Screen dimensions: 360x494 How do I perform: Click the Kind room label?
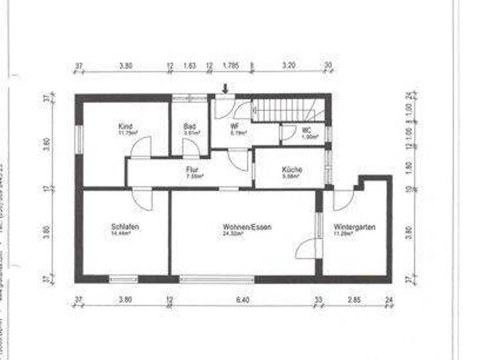(125, 127)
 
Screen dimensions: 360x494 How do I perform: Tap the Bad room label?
(189, 127)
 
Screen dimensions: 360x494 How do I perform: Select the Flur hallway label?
(192, 170)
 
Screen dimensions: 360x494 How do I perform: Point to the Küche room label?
(292, 170)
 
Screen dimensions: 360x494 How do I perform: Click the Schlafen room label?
(125, 227)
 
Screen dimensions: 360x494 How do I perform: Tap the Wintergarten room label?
(354, 227)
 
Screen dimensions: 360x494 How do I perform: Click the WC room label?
(307, 130)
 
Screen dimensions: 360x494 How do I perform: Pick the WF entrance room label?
(235, 127)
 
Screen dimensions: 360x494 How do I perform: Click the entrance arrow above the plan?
(225, 89)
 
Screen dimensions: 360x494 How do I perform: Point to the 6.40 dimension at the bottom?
(242, 300)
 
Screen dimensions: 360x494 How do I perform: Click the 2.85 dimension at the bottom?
(355, 300)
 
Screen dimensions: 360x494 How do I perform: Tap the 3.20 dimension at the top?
(288, 66)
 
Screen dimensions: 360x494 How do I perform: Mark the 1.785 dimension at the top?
(230, 66)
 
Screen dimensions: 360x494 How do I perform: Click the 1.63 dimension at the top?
(190, 66)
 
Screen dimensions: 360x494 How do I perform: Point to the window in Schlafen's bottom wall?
(123, 279)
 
